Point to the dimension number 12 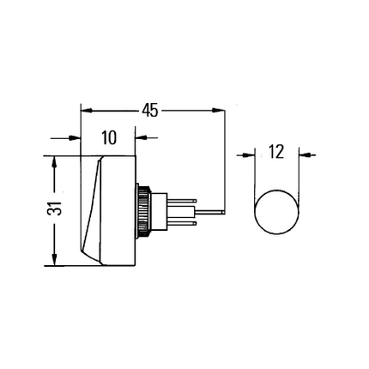click(277, 154)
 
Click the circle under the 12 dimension click(277, 210)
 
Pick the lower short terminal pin click(184, 224)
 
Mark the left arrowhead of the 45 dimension click(85, 110)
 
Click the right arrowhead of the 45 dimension click(220, 110)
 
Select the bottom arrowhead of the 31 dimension click(55, 261)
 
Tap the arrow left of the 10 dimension click(70, 138)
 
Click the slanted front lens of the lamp click(91, 210)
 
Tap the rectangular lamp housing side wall click(120, 210)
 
